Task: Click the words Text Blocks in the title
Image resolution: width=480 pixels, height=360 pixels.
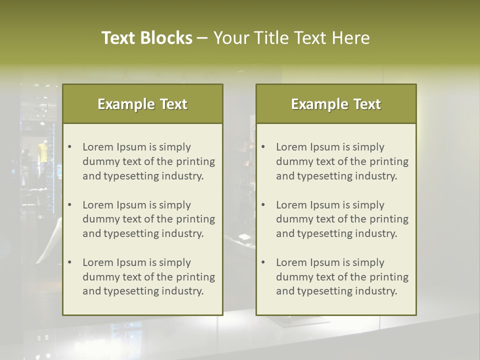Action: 146,38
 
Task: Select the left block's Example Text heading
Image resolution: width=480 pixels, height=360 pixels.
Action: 142,104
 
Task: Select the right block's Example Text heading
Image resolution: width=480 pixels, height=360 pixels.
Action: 336,104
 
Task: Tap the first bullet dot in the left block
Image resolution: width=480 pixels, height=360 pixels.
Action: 70,147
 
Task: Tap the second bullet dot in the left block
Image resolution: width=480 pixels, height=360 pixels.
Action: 70,205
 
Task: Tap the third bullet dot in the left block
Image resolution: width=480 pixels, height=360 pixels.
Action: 70,262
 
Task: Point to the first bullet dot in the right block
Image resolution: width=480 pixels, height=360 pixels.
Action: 263,147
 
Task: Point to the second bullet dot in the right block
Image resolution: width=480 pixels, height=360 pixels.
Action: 263,205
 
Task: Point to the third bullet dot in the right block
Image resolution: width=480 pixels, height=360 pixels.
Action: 263,262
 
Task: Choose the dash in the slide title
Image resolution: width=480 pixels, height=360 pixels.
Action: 202,38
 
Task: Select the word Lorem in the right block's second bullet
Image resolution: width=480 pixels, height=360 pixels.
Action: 291,205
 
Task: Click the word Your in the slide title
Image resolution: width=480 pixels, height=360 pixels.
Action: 231,38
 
